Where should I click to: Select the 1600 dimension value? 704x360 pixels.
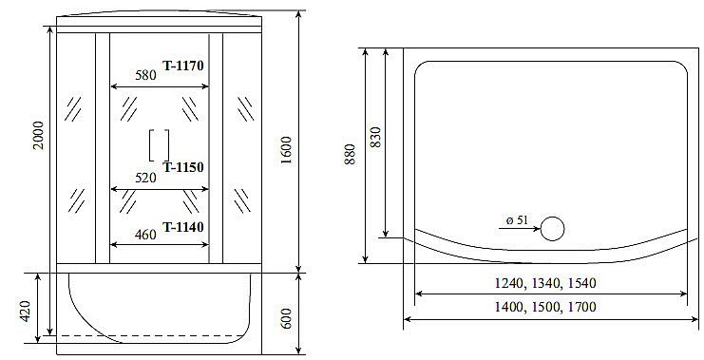286,147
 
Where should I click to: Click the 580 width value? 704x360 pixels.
145,75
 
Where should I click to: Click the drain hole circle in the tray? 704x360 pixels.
551,228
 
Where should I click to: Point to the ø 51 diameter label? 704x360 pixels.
517,219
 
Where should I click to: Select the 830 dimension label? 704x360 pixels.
375,139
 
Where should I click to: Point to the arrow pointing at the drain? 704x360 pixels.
518,229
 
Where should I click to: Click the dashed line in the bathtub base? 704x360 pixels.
143,336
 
